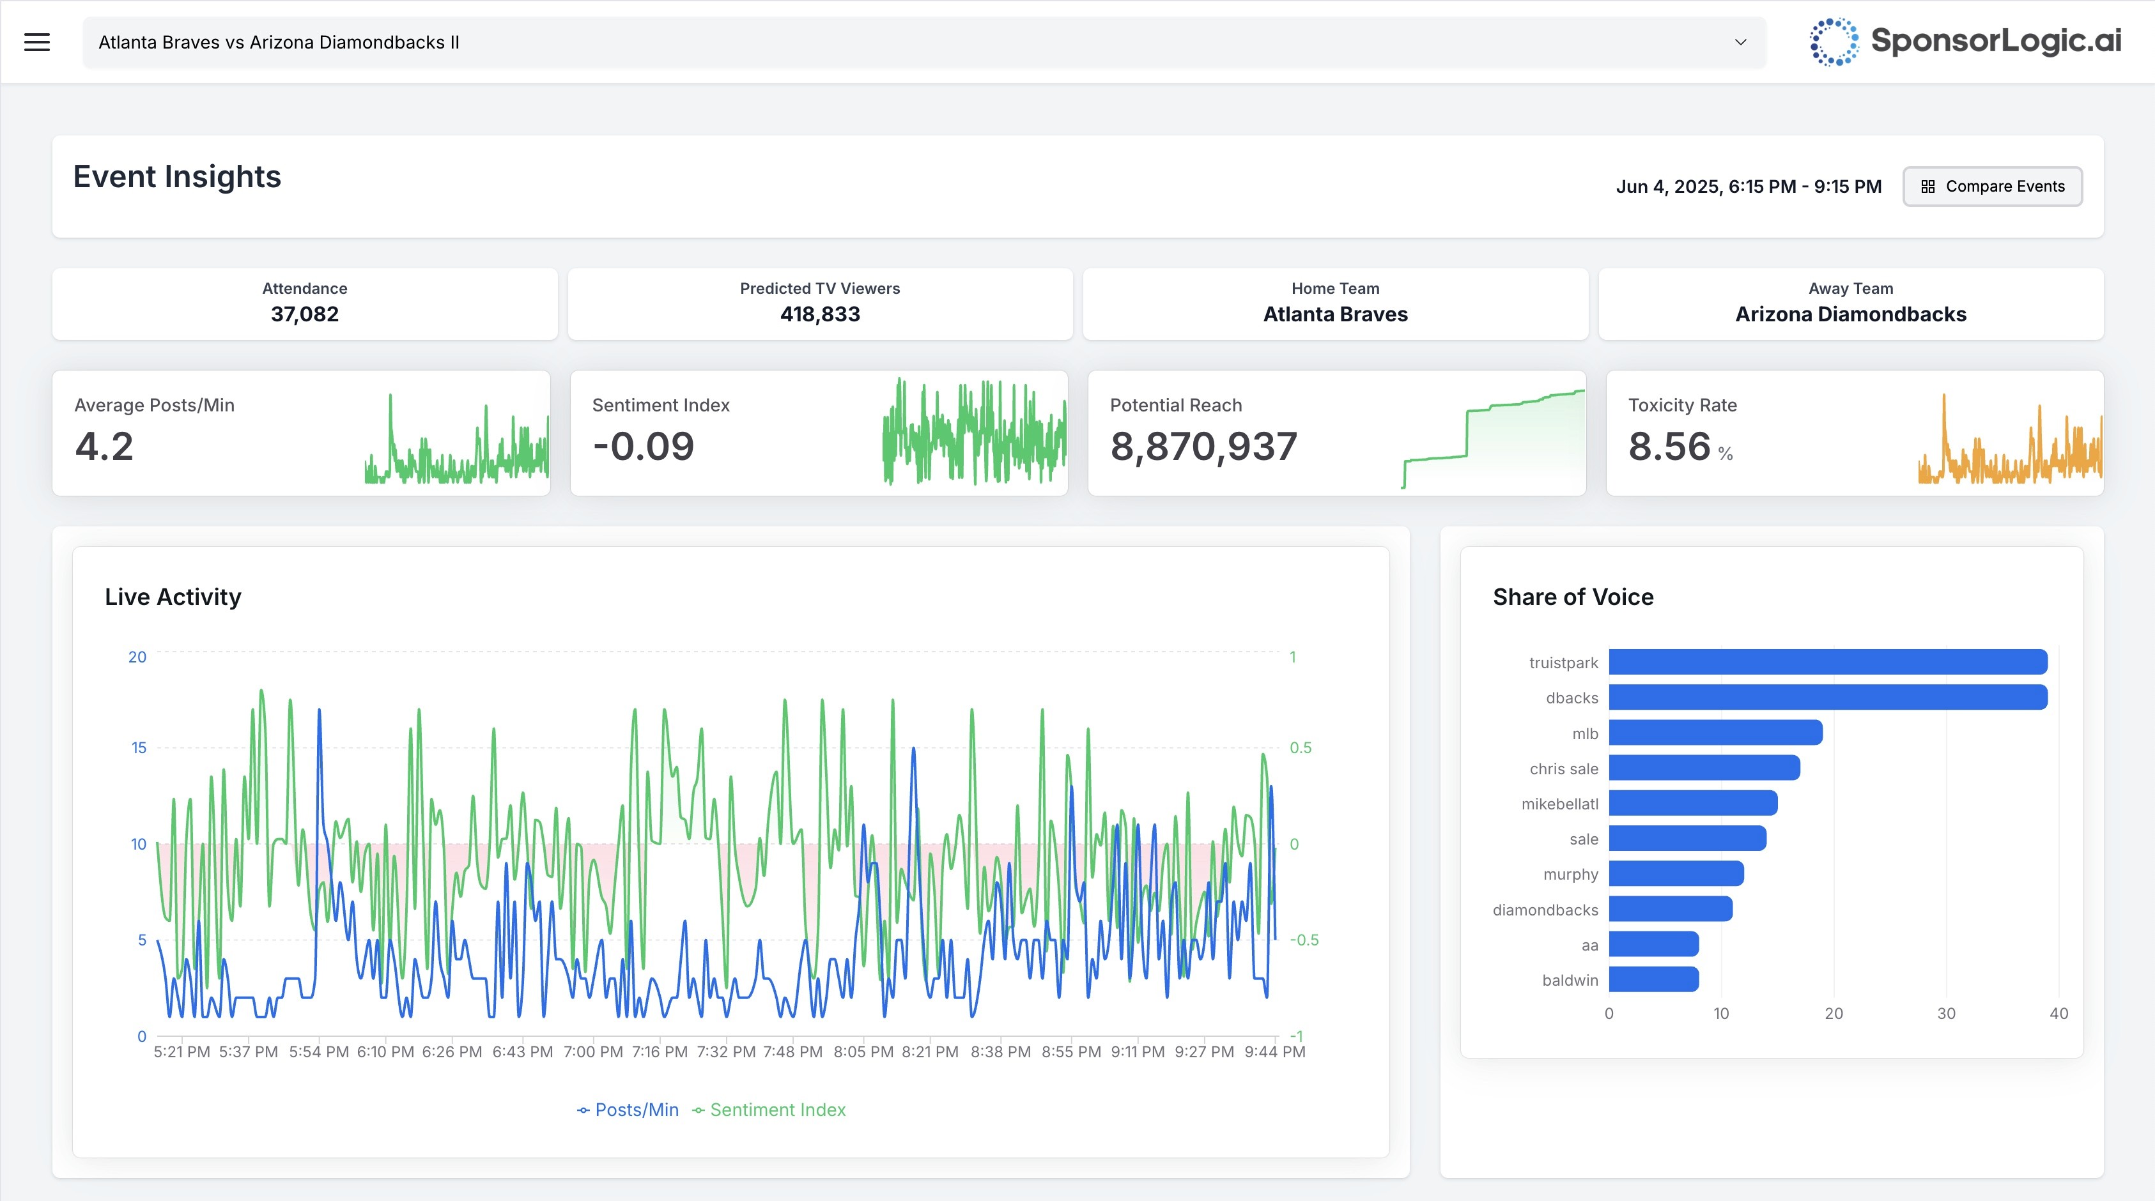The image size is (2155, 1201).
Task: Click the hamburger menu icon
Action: click(37, 42)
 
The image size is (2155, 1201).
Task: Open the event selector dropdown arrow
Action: click(1740, 42)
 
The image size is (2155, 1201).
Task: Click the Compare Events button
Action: click(1992, 187)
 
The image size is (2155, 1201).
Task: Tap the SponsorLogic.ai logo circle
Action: click(1833, 42)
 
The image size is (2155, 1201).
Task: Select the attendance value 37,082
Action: click(304, 314)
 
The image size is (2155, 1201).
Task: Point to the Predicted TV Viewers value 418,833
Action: click(820, 314)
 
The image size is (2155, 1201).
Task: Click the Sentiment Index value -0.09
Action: click(644, 446)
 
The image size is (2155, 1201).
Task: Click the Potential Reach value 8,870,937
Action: click(1203, 446)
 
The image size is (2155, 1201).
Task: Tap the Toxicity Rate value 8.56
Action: click(1669, 446)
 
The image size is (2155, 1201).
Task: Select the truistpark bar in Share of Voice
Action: click(1827, 662)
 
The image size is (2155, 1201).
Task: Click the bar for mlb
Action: click(1715, 733)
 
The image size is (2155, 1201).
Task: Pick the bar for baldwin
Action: click(1653, 979)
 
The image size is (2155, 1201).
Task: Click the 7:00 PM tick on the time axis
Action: click(592, 1052)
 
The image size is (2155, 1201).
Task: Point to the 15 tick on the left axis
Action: click(139, 747)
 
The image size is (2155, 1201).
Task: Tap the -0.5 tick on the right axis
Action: click(1303, 940)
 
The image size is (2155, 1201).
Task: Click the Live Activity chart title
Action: click(173, 597)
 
